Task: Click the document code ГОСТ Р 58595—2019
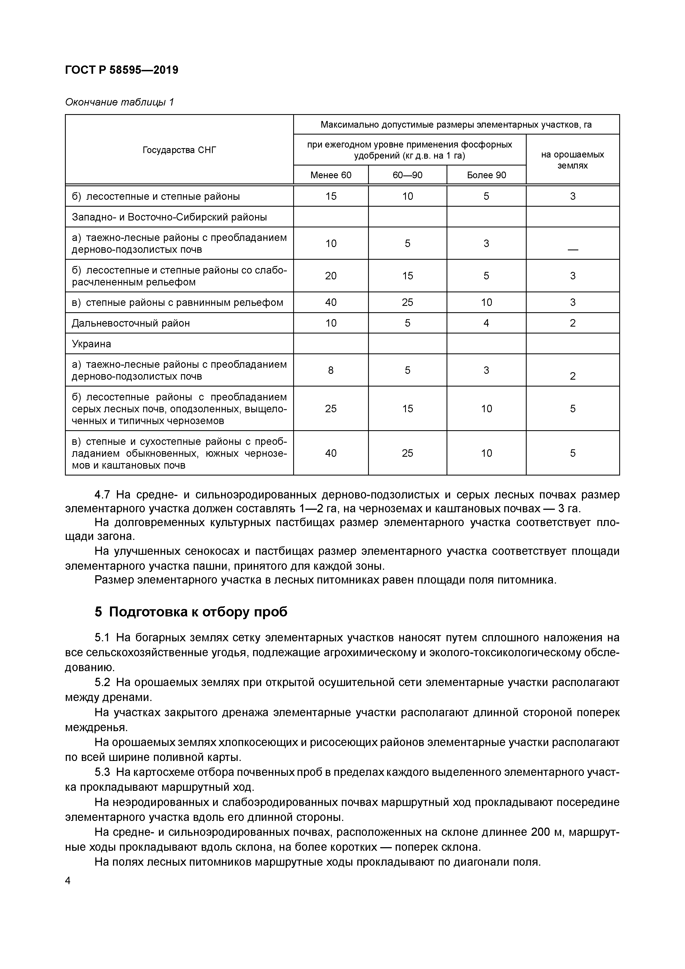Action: click(x=122, y=70)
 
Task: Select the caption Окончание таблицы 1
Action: click(x=119, y=102)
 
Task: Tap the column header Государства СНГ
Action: click(x=179, y=150)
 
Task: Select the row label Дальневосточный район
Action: click(x=131, y=323)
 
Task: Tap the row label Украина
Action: click(x=91, y=344)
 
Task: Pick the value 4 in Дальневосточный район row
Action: click(x=486, y=323)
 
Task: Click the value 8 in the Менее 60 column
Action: click(x=330, y=370)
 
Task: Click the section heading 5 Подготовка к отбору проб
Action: click(x=191, y=612)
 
